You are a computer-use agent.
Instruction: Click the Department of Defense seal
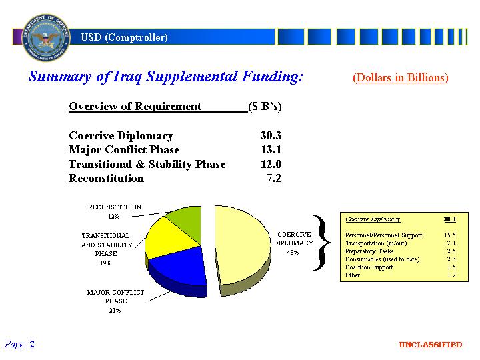tap(46, 37)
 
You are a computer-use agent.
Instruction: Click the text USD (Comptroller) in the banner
tap(124, 37)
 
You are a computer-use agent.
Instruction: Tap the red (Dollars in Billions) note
tap(401, 78)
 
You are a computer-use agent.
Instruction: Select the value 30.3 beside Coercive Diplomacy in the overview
tap(271, 135)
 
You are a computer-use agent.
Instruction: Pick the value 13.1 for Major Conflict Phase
tap(271, 150)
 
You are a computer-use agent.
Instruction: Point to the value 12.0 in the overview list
tap(271, 164)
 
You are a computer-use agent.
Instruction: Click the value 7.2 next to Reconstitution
tap(274, 178)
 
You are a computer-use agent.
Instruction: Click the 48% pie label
tap(293, 253)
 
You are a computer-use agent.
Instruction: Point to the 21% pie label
tap(115, 311)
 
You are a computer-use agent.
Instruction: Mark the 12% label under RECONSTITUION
tap(113, 217)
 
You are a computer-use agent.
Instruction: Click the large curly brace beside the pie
tap(322, 243)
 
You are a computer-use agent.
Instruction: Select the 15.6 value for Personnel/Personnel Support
tap(450, 235)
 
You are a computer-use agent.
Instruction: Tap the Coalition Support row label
tap(369, 267)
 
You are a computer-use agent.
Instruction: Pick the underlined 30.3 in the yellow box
tap(450, 219)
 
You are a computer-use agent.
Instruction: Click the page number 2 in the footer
tap(32, 345)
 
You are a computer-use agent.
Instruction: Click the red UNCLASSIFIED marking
tap(431, 345)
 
